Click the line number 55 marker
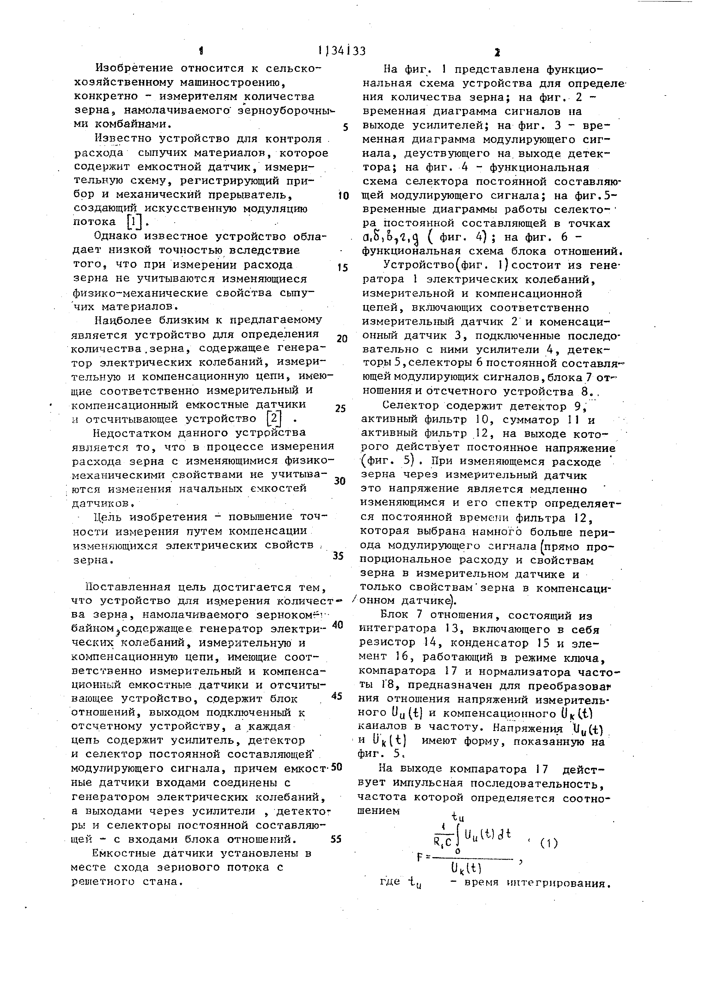[336, 839]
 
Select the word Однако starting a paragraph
[116, 237]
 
